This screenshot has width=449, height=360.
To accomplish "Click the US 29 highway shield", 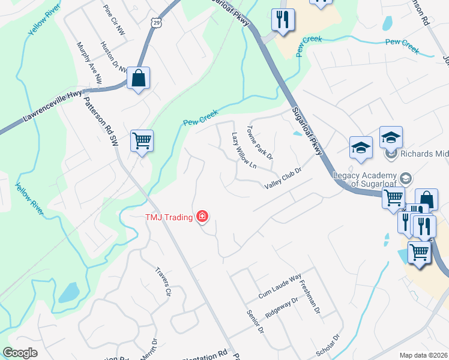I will [x=155, y=22].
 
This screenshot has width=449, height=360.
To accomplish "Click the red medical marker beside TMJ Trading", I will [x=202, y=217].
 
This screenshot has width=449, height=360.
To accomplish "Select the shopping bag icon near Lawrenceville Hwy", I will [x=138, y=79].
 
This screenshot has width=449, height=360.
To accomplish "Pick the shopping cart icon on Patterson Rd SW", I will [x=142, y=142].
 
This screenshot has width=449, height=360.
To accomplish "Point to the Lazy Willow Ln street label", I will [x=244, y=150].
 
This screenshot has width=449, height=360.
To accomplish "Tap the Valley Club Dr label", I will [x=282, y=179].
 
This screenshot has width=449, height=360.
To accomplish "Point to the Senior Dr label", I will [x=255, y=322].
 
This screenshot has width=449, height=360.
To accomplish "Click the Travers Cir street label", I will [x=163, y=283].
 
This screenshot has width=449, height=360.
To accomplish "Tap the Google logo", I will [x=20, y=353].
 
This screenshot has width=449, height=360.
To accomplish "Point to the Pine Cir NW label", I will [x=113, y=19].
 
